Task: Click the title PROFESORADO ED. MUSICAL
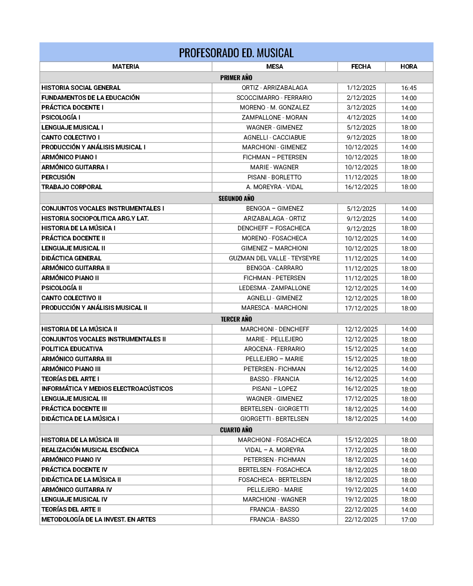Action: pos(236,53)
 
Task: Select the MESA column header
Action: pos(274,67)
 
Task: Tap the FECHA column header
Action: pos(361,67)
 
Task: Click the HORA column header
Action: pos(409,67)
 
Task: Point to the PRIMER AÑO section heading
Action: pos(236,78)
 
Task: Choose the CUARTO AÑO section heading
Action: pos(236,430)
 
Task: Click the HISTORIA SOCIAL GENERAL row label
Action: pos(81,88)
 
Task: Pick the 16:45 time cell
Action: pos(409,88)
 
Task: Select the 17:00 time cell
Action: pos(409,520)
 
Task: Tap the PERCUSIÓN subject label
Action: pos(58,177)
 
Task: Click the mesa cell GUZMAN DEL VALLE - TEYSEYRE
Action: pos(274,258)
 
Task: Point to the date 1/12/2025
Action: pos(361,88)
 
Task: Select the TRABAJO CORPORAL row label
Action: pos(72,187)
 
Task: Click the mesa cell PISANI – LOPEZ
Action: pos(274,389)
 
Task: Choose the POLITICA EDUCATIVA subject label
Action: pos(72,349)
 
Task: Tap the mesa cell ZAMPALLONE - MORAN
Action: pos(274,118)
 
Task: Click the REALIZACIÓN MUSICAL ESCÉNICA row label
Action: pos(90,450)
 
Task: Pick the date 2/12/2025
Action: pos(361,98)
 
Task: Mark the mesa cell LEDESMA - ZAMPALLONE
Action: pos(274,288)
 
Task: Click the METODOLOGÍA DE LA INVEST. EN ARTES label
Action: pos(99,520)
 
